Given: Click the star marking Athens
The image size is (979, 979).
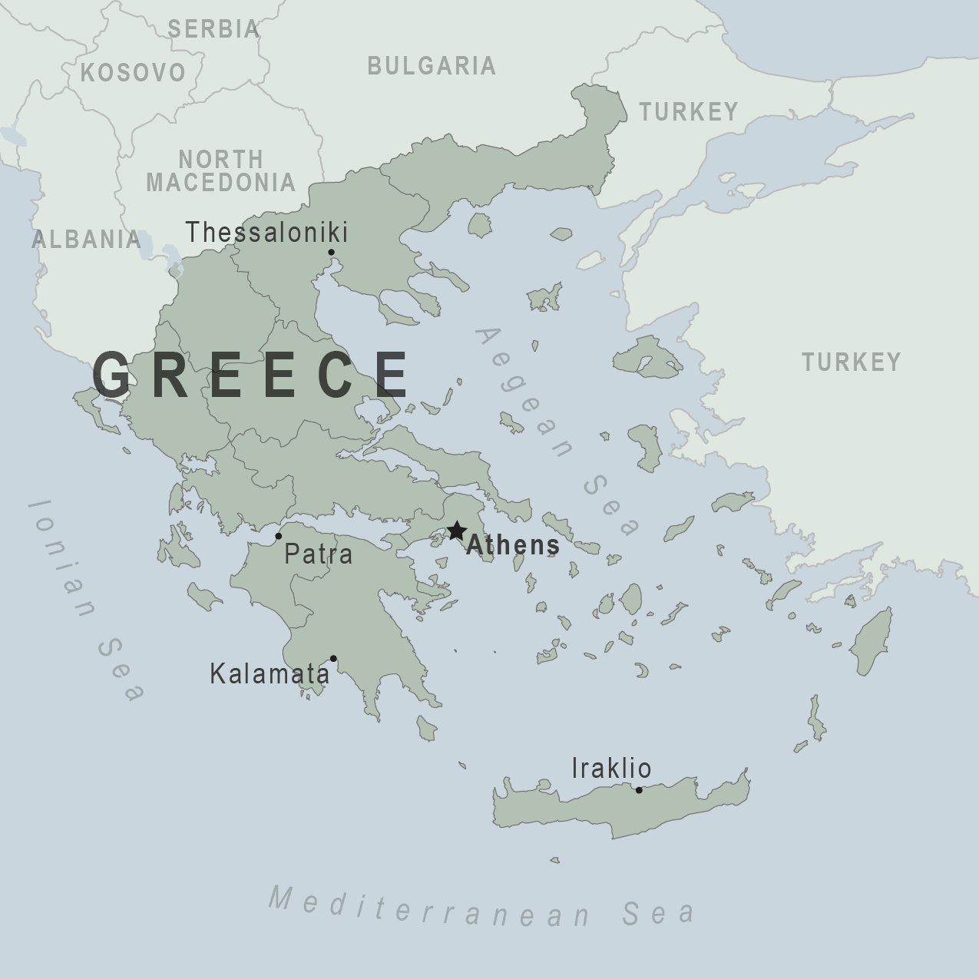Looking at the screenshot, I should pyautogui.click(x=457, y=531).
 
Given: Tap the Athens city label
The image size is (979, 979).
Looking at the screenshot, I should pyautogui.click(x=512, y=545).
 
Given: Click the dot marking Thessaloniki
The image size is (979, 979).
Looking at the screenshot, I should pyautogui.click(x=331, y=252).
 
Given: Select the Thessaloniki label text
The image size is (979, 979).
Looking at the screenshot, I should pyautogui.click(x=266, y=232).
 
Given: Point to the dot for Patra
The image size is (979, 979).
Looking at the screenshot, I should pyautogui.click(x=279, y=536).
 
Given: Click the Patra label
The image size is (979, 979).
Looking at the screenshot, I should pyautogui.click(x=318, y=554).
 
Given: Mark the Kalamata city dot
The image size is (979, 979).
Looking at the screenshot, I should pyautogui.click(x=333, y=658).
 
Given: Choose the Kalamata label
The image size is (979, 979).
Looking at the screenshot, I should pyautogui.click(x=270, y=674).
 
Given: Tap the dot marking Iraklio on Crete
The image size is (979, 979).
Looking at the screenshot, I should pyautogui.click(x=638, y=789).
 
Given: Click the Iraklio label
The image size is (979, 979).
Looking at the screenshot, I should pyautogui.click(x=611, y=768).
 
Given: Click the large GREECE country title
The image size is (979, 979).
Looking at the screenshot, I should pyautogui.click(x=251, y=375).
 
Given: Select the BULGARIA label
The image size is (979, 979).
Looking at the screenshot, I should pyautogui.click(x=431, y=66).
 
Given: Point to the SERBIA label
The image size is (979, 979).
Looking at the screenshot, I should pyautogui.click(x=213, y=29).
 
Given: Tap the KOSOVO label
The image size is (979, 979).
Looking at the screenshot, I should pyautogui.click(x=133, y=73).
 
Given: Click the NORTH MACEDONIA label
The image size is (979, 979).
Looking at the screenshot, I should pyautogui.click(x=221, y=171).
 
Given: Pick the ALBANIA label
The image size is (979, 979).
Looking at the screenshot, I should pyautogui.click(x=86, y=240).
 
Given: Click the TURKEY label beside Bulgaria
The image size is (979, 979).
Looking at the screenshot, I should pyautogui.click(x=689, y=112).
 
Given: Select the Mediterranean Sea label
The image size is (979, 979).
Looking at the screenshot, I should pyautogui.click(x=482, y=907).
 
